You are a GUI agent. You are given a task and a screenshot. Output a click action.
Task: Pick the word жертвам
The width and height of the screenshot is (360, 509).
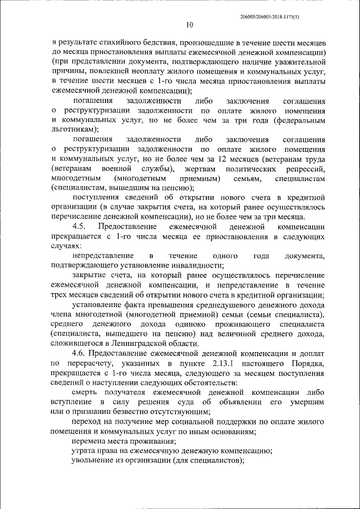(200, 168)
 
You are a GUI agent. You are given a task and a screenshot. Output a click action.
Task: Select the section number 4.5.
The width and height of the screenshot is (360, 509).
(81, 227)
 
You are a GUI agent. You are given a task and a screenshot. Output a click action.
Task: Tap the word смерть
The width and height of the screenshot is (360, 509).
(86, 392)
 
